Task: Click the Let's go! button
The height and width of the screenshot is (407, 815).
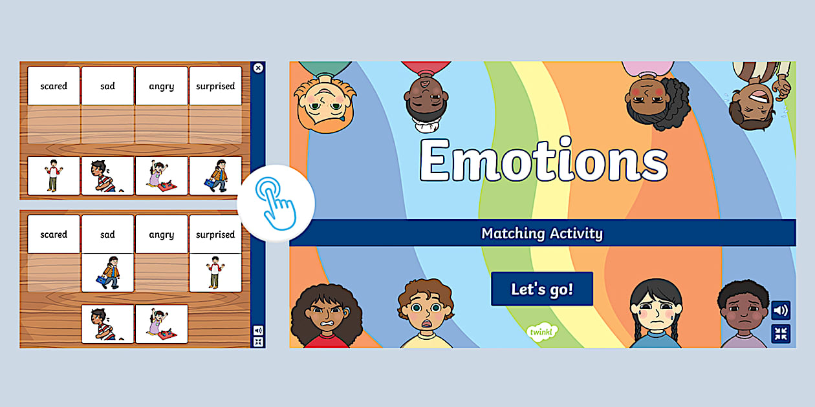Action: click(x=542, y=289)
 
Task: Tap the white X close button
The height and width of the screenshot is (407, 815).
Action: click(x=258, y=68)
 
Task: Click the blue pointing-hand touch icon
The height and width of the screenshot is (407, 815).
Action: click(x=276, y=203)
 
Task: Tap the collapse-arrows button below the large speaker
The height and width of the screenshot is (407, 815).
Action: click(x=781, y=333)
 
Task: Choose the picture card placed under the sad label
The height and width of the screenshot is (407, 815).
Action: click(x=107, y=273)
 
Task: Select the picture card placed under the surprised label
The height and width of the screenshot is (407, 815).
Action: click(x=215, y=273)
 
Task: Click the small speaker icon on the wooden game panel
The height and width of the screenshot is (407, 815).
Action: click(x=258, y=330)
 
